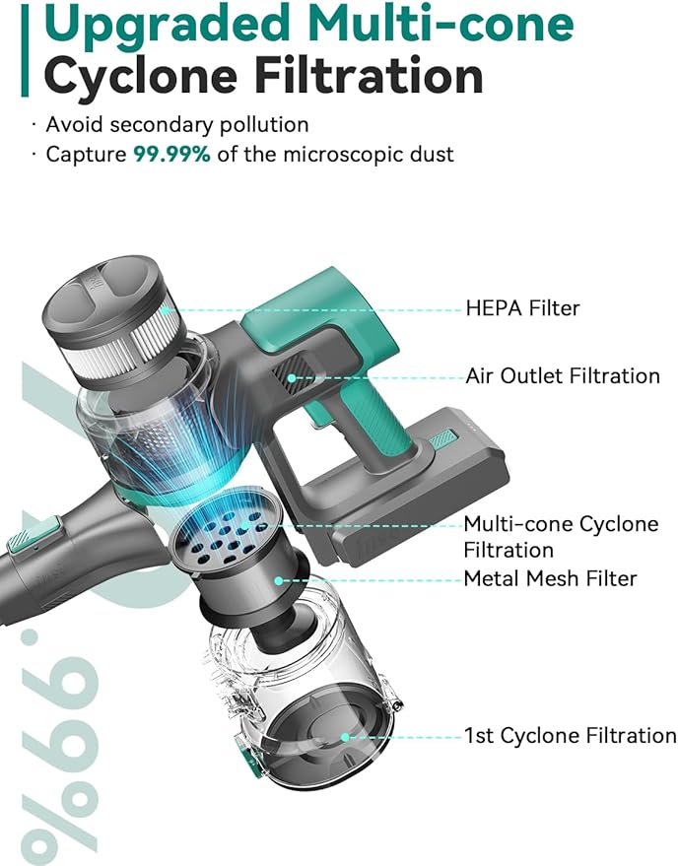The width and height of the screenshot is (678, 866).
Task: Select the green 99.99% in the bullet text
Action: point(171,154)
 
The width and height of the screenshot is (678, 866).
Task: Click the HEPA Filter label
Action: point(522,308)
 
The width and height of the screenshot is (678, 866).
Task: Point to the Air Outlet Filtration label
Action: point(563,376)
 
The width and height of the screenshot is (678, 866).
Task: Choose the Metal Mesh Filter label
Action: point(550,578)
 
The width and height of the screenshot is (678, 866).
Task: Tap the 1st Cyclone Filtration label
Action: point(570,736)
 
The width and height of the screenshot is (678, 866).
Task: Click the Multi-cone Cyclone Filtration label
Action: point(561,537)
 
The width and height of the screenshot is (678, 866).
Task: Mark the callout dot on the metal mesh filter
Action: point(279,580)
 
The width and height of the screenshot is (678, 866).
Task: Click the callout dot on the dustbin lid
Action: point(345,737)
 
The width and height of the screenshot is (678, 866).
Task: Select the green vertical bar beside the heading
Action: point(25,54)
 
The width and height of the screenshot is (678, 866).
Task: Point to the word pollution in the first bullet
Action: point(264,125)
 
